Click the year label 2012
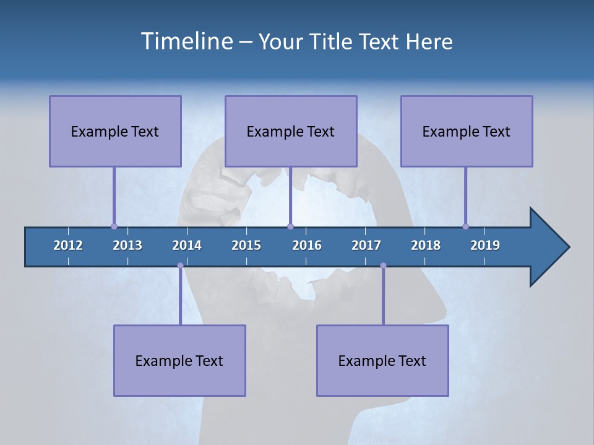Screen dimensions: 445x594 [x=68, y=245]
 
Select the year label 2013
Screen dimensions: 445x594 [x=127, y=245]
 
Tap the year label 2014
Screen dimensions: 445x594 [x=187, y=245]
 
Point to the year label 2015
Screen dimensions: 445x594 [x=246, y=245]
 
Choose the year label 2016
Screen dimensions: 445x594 [x=307, y=245]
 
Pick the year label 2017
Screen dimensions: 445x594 [x=366, y=245]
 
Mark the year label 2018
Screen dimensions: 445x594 [x=426, y=245]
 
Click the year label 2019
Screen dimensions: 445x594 [x=485, y=245]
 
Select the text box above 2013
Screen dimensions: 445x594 [x=115, y=131]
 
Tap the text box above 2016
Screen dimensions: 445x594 [x=291, y=131]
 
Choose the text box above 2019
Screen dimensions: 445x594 [x=467, y=131]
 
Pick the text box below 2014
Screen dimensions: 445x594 [x=179, y=360]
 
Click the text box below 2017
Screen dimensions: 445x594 [x=382, y=360]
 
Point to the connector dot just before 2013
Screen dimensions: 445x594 [x=114, y=226]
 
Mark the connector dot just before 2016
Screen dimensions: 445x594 [x=290, y=226]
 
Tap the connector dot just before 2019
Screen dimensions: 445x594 [x=465, y=226]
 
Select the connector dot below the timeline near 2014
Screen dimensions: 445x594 [x=180, y=266]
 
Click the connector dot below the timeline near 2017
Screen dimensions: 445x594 [x=383, y=266]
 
